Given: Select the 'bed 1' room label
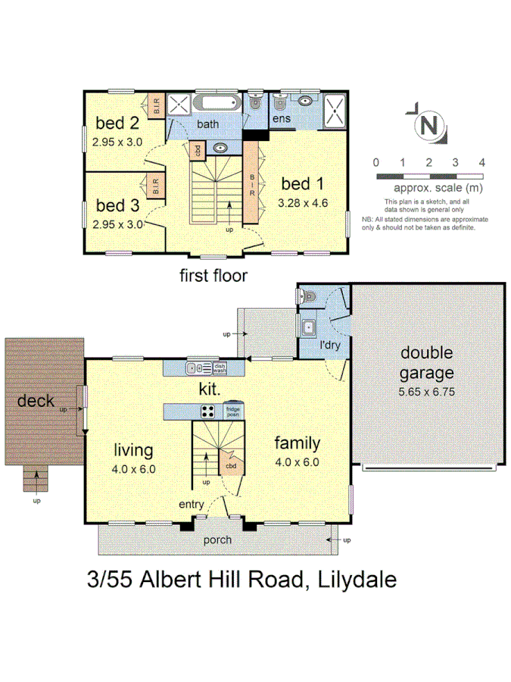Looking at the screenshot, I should click(x=301, y=183).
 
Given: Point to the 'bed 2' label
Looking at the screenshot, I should click(x=117, y=123).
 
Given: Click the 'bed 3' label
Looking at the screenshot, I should click(x=117, y=205).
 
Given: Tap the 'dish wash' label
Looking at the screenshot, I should click(x=220, y=368).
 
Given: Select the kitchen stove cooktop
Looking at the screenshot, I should click(x=207, y=411).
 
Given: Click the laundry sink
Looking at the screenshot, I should click(x=308, y=328).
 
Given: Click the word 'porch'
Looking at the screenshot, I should click(x=217, y=540).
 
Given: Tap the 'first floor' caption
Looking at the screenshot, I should click(x=213, y=276).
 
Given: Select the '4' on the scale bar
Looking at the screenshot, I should click(x=481, y=163).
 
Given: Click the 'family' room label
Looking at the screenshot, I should click(x=297, y=443).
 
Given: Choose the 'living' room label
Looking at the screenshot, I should click(x=133, y=450).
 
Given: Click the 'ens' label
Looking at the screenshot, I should click(x=282, y=120).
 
